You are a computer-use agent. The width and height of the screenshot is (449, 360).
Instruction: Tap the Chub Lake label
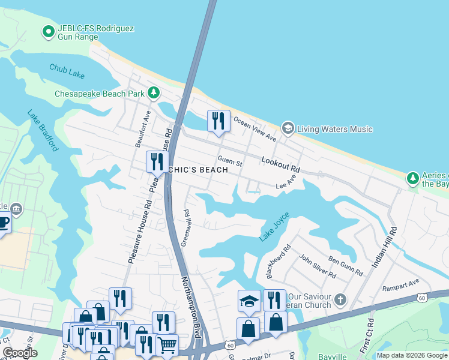[67, 71]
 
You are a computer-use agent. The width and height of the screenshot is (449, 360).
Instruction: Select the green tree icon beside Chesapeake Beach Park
[154, 93]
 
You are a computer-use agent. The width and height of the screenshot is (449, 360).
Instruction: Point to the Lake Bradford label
[44, 130]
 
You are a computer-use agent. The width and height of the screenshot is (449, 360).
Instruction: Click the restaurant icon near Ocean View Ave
[218, 121]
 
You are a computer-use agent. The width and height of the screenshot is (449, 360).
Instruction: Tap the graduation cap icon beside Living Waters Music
[288, 128]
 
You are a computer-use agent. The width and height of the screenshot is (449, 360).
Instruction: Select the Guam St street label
[229, 162]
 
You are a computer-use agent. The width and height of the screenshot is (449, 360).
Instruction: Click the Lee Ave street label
[286, 183]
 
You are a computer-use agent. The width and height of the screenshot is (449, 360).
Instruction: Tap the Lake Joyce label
[274, 227]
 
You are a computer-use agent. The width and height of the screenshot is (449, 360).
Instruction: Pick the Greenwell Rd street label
[187, 221]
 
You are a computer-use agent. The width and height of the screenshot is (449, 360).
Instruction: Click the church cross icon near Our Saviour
[340, 298]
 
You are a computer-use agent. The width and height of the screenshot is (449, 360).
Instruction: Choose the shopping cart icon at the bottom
[167, 345]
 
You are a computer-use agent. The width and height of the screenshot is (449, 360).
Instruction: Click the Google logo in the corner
[20, 353]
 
